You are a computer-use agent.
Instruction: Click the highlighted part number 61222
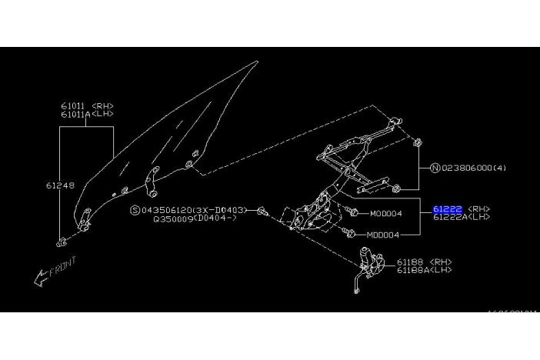[447, 208]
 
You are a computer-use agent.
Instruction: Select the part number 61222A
[449, 217]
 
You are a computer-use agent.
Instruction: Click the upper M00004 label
[385, 213]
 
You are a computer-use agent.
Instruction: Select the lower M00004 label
[382, 235]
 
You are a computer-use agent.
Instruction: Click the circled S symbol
[135, 208]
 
